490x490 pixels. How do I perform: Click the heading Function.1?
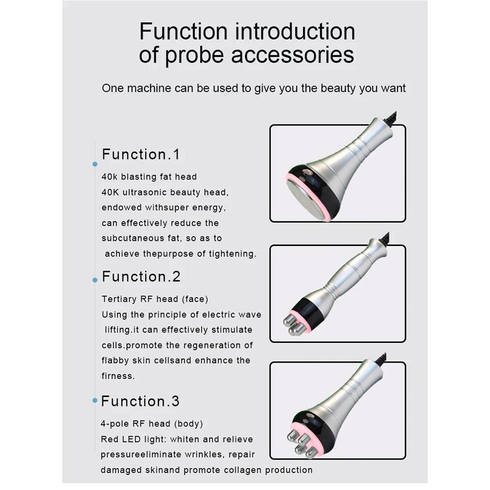141,155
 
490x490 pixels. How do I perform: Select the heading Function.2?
141,277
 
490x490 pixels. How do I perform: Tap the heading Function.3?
141,402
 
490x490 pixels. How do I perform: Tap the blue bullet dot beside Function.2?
95,280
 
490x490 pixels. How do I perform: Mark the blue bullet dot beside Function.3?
95,400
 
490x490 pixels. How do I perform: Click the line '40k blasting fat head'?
149,177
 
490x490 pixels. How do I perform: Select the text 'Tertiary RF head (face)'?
151,299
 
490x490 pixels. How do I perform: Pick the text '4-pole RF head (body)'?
152,424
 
